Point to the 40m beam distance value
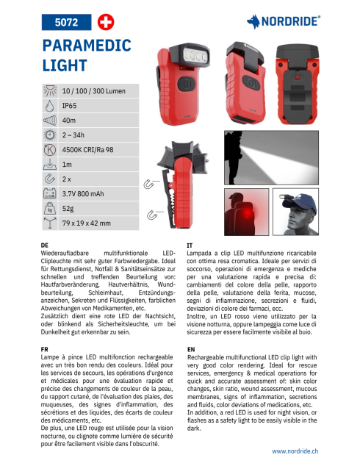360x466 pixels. click(x=69, y=121)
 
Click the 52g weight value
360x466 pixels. click(x=69, y=209)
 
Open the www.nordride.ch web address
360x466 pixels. click(x=295, y=451)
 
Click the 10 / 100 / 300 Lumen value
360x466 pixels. click(x=93, y=91)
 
